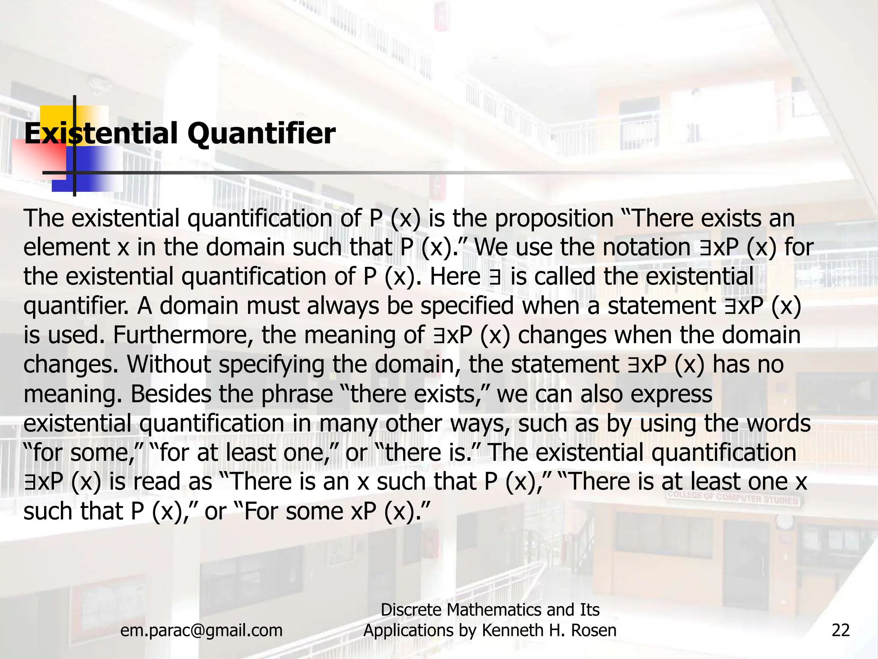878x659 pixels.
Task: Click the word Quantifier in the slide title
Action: click(261, 134)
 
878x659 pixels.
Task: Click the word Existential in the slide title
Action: click(101, 133)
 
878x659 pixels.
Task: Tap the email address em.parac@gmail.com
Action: click(201, 630)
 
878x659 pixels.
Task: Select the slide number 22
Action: click(840, 630)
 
